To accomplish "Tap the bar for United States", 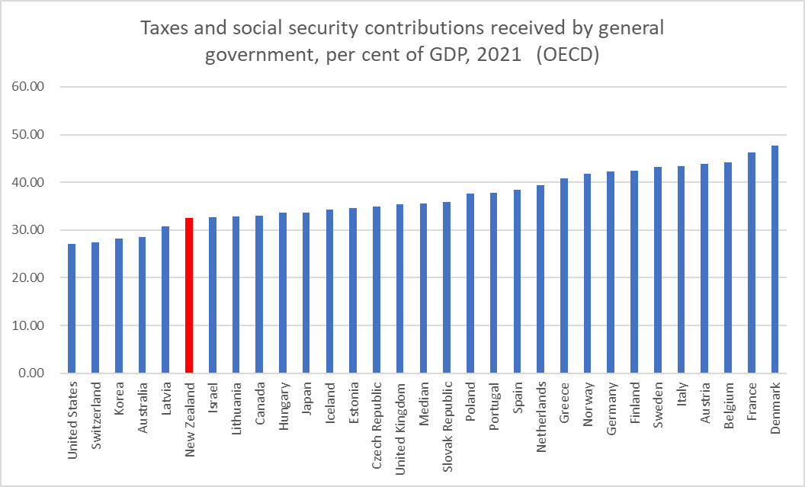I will coord(72,309).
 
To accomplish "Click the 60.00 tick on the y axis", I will coord(30,87).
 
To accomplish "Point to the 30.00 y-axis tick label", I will coord(30,230).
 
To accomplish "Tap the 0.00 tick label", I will coord(33,373).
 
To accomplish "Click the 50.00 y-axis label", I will coord(30,135).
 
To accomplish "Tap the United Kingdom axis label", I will coord(400,421).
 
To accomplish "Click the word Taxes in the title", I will coord(161,29).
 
